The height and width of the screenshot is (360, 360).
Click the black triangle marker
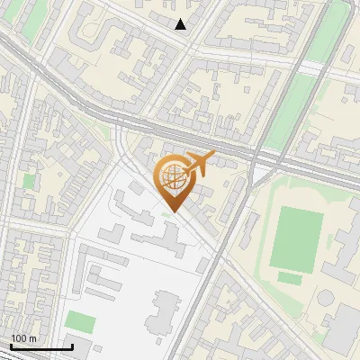pyautogui.click(x=181, y=24)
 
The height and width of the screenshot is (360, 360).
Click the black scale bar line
pyautogui.click(x=41, y=346)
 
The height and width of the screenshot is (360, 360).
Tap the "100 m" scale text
pyautogui.click(x=24, y=338)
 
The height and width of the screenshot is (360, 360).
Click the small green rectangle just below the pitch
pyautogui.click(x=290, y=277)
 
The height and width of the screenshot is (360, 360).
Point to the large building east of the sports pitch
pyautogui.click(x=347, y=256)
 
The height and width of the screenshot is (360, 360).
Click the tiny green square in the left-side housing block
pyautogui.click(x=29, y=181)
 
